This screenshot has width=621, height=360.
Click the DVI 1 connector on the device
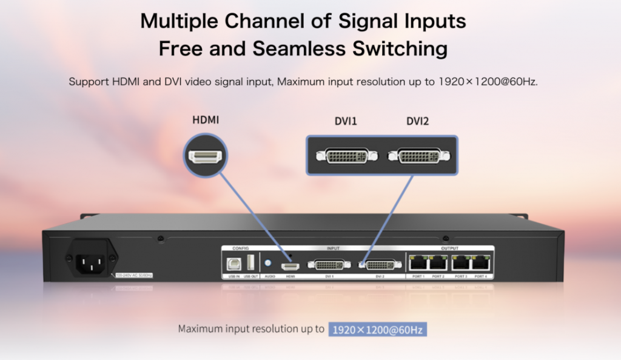tap(329, 264)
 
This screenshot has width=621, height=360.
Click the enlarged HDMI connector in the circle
tap(205, 158)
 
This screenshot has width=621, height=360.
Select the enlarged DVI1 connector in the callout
tap(346, 156)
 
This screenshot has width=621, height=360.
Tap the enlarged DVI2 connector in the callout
tap(418, 156)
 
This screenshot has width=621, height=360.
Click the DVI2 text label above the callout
tap(417, 121)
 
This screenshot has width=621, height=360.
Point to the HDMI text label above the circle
tap(206, 120)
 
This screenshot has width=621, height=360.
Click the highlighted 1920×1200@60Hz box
tap(378, 330)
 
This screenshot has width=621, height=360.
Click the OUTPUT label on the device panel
tap(450, 248)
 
